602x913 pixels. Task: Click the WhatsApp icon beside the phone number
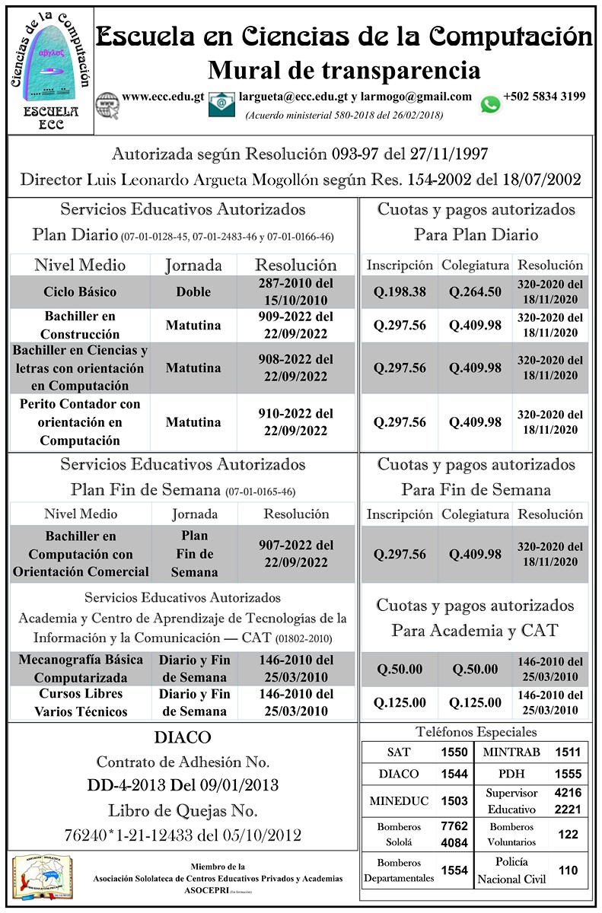click(491, 103)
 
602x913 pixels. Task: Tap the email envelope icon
click(221, 103)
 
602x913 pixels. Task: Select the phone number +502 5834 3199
click(544, 97)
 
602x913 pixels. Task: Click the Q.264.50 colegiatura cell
click(475, 291)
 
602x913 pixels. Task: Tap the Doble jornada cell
click(193, 291)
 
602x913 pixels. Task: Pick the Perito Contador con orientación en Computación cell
click(80, 422)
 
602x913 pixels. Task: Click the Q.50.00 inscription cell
click(400, 670)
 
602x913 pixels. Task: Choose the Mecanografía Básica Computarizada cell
click(84, 669)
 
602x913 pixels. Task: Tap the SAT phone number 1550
click(454, 752)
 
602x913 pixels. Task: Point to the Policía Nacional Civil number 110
click(568, 870)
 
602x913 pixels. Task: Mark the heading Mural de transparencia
click(344, 71)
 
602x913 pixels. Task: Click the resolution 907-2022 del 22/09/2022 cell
click(296, 554)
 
